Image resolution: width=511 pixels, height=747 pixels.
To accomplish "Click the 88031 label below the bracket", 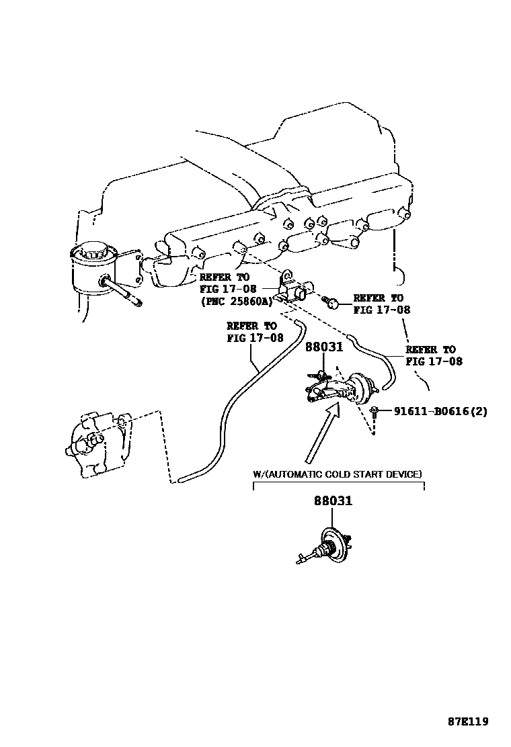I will tap(332, 500).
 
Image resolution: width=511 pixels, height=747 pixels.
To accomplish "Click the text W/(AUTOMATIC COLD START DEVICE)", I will tap(338, 474).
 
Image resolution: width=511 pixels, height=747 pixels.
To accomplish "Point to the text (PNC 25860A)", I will tap(235, 302).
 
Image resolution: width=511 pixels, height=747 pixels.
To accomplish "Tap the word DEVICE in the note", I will tap(405, 474).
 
